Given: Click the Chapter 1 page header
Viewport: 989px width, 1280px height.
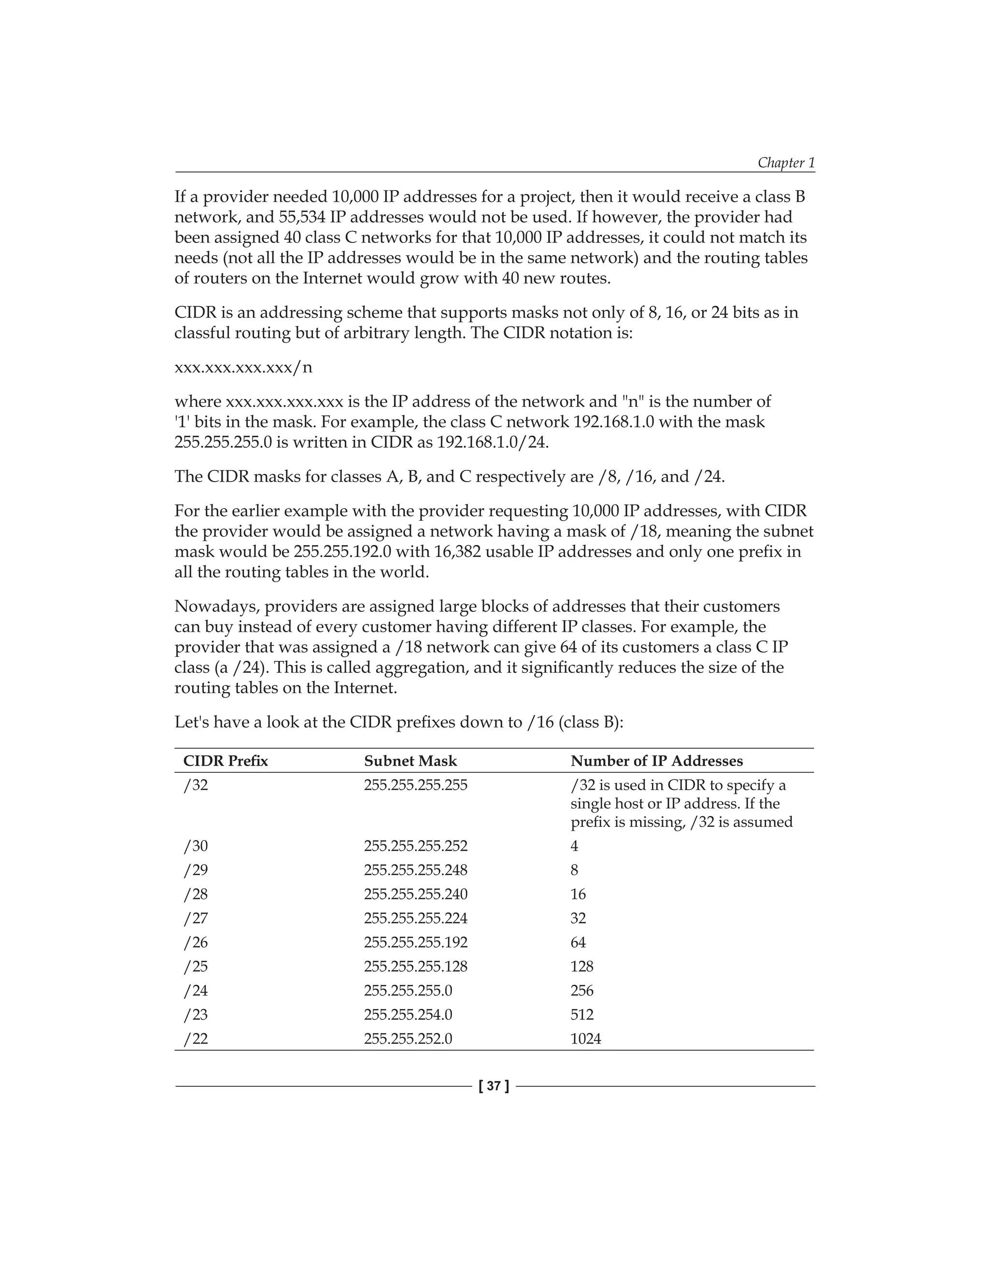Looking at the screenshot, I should tap(786, 162).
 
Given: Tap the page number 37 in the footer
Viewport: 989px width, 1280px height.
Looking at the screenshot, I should tap(494, 1086).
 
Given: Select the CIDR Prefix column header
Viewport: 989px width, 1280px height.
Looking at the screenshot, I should tap(226, 761).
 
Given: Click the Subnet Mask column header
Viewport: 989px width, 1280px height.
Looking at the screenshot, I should tap(410, 761).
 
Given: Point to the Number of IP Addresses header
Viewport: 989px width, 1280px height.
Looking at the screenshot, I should tap(656, 761).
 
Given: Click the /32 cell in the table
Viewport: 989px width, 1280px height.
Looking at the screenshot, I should tap(196, 785).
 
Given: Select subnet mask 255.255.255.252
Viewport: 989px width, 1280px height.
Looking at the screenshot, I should tap(415, 846).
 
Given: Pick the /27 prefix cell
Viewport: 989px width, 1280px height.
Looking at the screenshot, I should tap(196, 918).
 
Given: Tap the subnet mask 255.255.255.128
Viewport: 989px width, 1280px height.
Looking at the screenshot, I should tap(415, 966).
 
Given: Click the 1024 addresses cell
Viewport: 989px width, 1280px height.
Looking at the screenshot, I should tap(585, 1038).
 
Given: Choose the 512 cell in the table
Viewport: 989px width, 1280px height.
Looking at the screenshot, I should tap(582, 1014).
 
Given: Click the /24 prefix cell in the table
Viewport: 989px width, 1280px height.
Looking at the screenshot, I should tap(196, 991).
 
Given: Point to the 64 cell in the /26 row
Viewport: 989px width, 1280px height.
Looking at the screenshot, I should tap(578, 942).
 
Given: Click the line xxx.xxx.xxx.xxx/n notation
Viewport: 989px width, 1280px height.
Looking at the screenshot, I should tap(243, 368).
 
